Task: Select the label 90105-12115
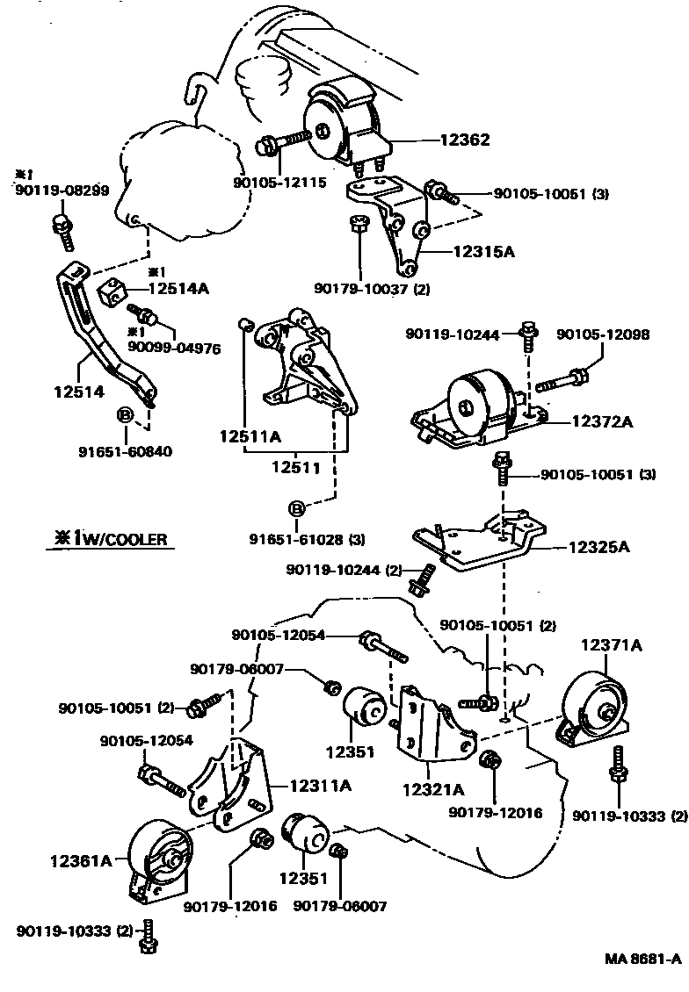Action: point(279,183)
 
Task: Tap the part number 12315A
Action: point(483,251)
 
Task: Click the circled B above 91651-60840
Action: point(125,414)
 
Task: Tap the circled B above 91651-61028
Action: point(296,507)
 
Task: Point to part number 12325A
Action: point(599,547)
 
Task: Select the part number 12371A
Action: point(611,645)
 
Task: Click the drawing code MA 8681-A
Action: point(642,959)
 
